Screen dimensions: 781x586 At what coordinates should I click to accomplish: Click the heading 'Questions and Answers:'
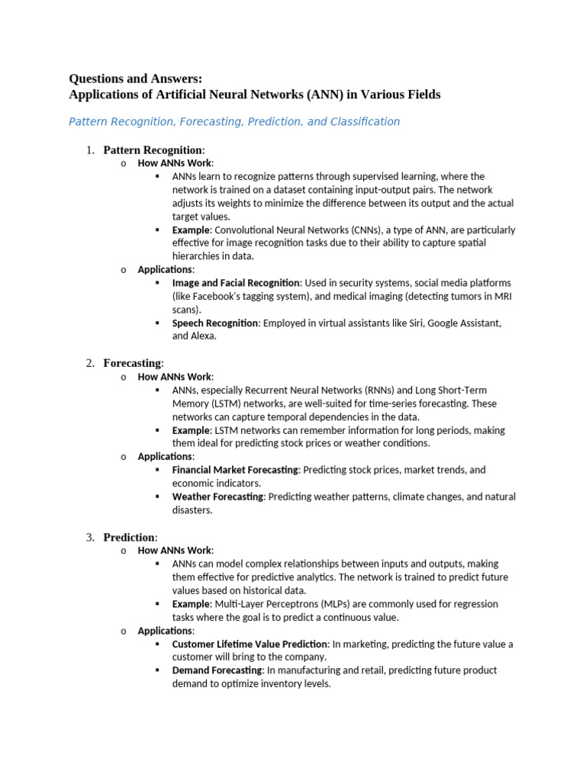point(136,79)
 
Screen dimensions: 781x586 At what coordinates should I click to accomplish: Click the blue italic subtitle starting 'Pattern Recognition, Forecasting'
point(234,121)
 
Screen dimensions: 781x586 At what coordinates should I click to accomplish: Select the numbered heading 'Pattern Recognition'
point(153,149)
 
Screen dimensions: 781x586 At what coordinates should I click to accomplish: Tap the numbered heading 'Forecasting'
point(132,363)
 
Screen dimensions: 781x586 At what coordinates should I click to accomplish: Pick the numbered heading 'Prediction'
point(129,537)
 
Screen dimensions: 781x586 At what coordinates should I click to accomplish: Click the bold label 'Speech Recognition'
point(215,323)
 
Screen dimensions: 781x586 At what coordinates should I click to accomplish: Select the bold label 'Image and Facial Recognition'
point(237,283)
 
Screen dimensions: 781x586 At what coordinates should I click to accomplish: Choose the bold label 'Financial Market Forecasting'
point(235,470)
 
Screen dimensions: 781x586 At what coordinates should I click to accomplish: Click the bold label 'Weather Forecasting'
point(217,497)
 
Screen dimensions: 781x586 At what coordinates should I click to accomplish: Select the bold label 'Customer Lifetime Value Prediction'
point(250,644)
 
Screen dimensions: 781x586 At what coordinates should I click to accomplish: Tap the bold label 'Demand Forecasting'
point(217,670)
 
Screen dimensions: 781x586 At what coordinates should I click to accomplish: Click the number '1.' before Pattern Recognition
point(90,149)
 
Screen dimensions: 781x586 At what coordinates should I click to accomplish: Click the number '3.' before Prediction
point(90,537)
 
